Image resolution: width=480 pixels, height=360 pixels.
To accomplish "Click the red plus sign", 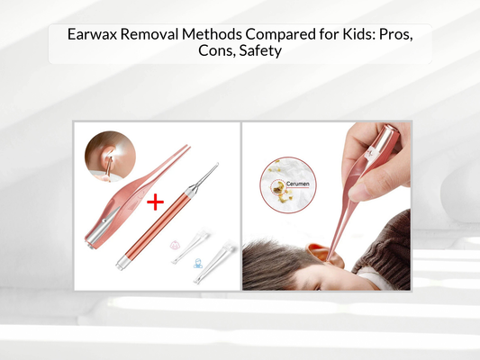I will pyautogui.click(x=155, y=202).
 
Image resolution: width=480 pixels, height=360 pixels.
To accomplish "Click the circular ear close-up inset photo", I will pyautogui.click(x=104, y=156).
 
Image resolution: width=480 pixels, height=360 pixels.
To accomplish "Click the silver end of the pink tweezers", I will pyautogui.click(x=93, y=238).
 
